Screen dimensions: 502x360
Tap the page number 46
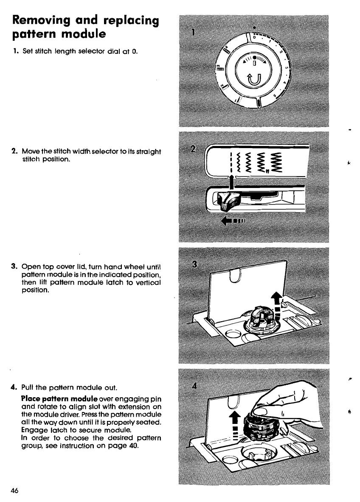pyautogui.click(x=15, y=490)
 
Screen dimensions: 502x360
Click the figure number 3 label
pyautogui.click(x=195, y=264)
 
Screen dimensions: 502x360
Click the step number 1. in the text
pyautogui.click(x=15, y=52)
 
